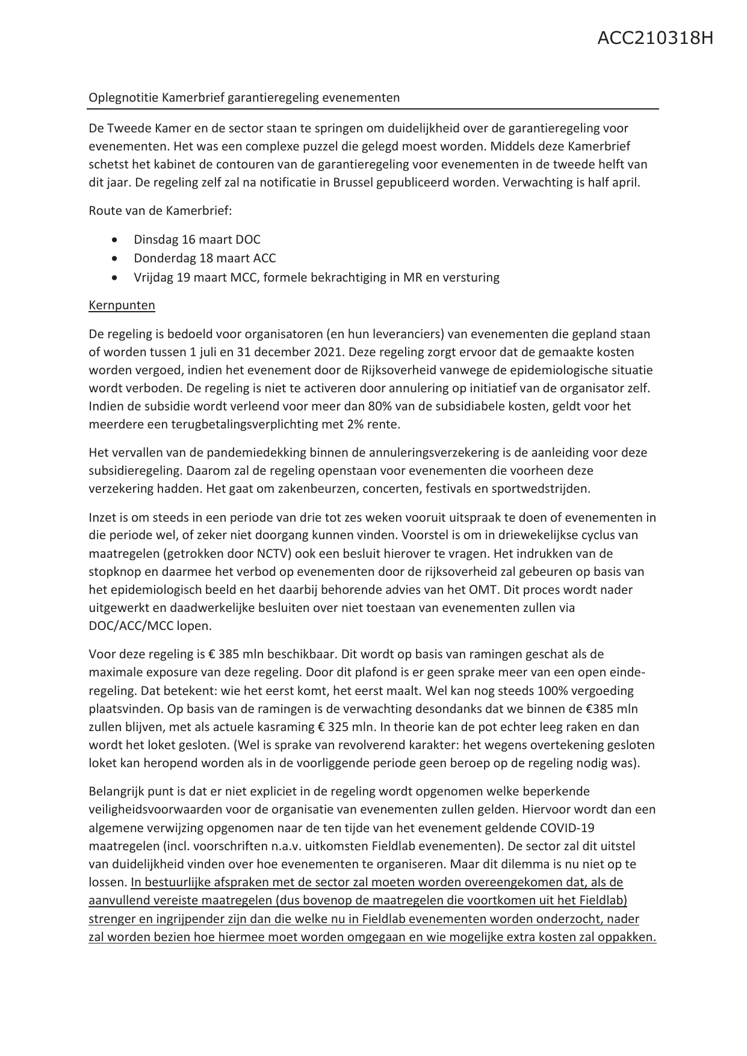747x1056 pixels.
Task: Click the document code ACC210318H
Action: tap(655, 39)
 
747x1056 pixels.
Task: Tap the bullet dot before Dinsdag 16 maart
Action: tap(114, 239)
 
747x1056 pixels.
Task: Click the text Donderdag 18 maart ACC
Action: tap(205, 258)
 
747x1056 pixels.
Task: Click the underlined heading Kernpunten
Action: tap(122, 305)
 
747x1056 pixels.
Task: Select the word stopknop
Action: tap(115, 571)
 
